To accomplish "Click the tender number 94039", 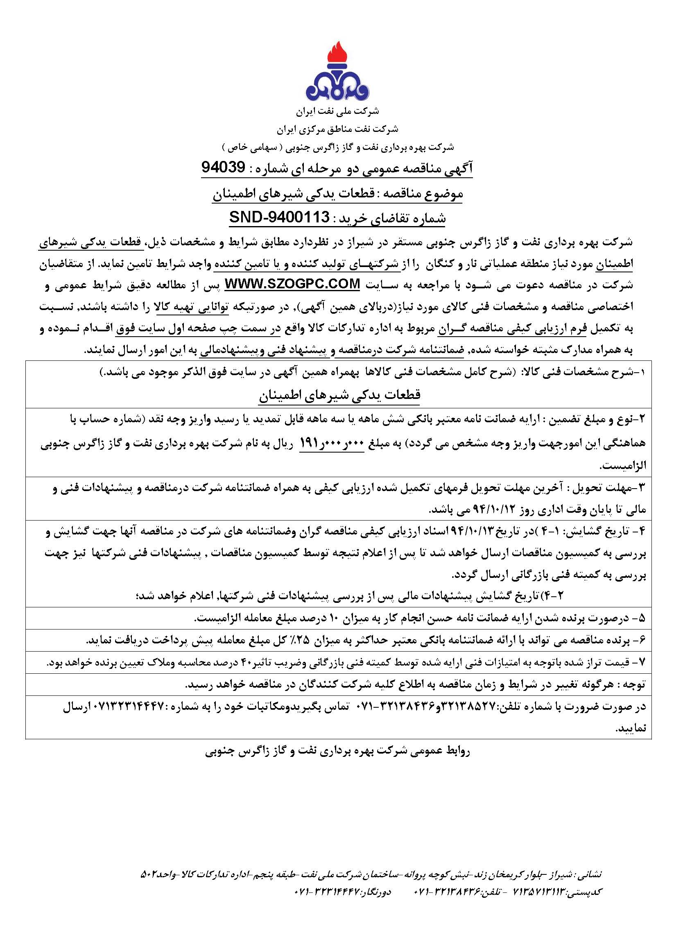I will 223,168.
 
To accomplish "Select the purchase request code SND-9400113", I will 279,217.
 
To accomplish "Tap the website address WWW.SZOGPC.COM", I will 293,284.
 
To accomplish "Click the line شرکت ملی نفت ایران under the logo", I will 337,111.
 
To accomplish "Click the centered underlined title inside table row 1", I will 339,395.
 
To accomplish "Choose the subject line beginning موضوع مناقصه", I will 337,193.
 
